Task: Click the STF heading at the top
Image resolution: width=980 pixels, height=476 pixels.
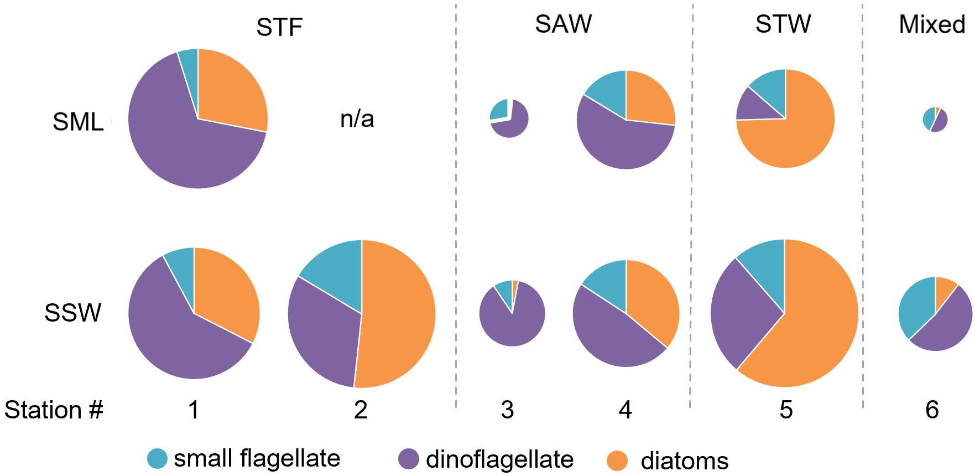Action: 279,27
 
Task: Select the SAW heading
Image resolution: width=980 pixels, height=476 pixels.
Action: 563,24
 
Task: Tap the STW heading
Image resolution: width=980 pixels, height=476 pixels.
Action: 783,24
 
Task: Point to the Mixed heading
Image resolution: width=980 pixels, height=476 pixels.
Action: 932,24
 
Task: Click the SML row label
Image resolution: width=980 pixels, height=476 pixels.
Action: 78,122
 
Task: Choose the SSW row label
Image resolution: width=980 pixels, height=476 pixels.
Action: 73,313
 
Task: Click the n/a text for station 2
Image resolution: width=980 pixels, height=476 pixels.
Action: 357,119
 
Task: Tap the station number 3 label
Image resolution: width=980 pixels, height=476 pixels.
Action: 507,410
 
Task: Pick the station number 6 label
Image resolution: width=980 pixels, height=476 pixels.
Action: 932,410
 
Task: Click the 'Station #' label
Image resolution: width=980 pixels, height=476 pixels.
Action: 54,410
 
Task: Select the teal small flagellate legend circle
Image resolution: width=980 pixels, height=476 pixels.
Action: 157,458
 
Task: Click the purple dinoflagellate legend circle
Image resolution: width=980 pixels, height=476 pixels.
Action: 408,459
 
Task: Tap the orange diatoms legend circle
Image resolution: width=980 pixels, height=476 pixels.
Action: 617,460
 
